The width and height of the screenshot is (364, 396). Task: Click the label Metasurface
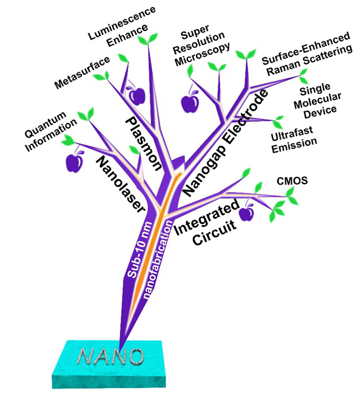[x=81, y=72]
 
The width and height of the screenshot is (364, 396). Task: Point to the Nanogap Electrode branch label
[x=224, y=143]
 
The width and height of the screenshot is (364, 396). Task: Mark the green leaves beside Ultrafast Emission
[x=278, y=121]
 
